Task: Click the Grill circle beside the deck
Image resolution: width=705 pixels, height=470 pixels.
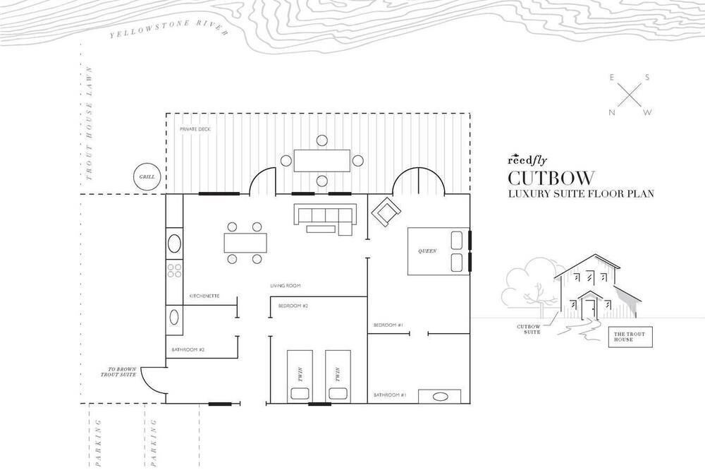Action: [147, 176]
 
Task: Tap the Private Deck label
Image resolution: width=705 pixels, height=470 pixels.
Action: [195, 129]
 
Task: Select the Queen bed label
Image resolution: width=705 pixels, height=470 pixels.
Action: [427, 251]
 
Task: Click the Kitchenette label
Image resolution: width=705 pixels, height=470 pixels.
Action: [204, 296]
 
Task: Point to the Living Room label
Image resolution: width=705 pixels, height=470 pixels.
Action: [286, 286]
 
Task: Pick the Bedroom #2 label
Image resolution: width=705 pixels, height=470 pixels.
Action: [293, 306]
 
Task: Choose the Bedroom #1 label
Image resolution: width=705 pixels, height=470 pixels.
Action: [388, 325]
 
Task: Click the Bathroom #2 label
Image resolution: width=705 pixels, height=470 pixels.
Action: [188, 350]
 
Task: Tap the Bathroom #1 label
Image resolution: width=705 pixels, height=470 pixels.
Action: [390, 395]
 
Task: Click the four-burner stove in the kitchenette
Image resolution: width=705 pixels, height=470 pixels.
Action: [174, 270]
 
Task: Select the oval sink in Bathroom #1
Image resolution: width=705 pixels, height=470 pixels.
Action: [440, 397]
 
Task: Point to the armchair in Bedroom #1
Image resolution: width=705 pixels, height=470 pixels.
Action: [386, 211]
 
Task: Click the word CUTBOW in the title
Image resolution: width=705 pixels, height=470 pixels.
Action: [551, 178]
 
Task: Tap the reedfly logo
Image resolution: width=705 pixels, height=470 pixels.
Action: [527, 159]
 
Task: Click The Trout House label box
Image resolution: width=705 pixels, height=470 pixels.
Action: [630, 337]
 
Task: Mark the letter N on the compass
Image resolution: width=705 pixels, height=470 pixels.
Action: [611, 113]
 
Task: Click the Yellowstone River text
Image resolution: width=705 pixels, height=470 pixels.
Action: [168, 30]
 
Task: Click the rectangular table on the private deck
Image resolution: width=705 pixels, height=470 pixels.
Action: [321, 161]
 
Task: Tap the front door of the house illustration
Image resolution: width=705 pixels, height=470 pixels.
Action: [588, 309]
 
